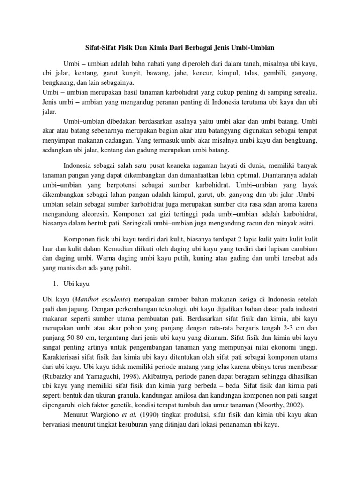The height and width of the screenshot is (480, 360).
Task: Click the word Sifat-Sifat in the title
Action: click(x=93, y=48)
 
